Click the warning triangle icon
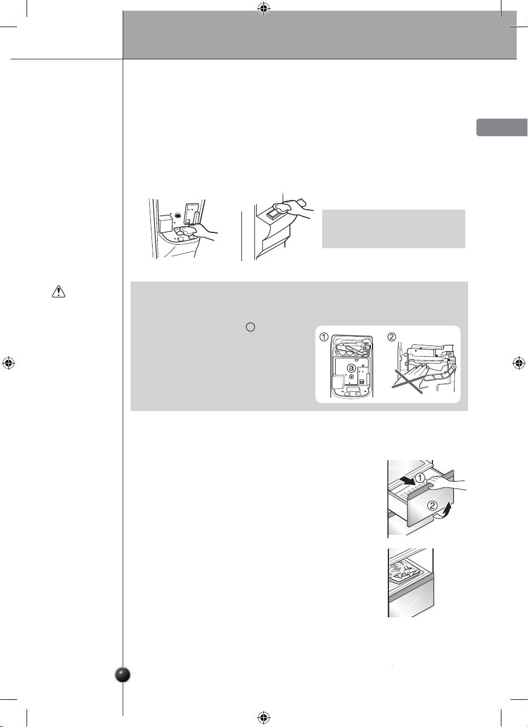(58, 292)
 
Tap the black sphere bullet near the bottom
(123, 675)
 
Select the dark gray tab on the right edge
(502, 128)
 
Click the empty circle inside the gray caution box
(250, 327)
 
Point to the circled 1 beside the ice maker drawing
(324, 337)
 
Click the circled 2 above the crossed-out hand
(392, 337)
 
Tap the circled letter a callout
(351, 368)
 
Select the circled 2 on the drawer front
(432, 505)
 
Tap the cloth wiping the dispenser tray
(188, 231)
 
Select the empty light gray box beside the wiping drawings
(393, 229)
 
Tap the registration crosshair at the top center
(264, 9)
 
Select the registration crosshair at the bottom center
(264, 717)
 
